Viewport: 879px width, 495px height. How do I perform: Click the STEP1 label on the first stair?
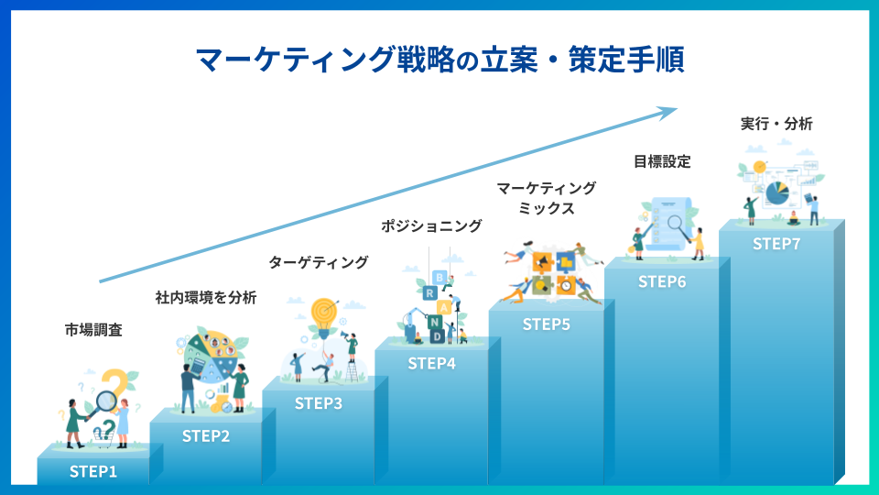point(93,471)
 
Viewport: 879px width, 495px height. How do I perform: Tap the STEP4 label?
point(431,364)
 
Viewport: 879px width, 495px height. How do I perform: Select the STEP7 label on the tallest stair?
point(776,244)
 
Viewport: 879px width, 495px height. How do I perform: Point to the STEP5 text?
point(546,324)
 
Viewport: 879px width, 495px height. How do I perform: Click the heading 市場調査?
point(93,330)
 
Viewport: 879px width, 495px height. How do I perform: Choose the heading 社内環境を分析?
point(206,297)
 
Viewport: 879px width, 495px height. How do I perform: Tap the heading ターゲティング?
point(319,262)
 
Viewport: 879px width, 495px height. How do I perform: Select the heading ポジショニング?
point(431,225)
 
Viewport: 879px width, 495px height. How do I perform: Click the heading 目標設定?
point(662,161)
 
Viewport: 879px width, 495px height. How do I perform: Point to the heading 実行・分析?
point(776,124)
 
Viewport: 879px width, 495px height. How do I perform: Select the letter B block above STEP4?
point(440,277)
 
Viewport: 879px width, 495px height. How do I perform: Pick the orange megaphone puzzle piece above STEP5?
point(542,261)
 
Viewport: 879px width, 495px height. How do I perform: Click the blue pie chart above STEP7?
point(777,193)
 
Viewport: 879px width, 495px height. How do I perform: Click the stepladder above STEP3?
point(352,371)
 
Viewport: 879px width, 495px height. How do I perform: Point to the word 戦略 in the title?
point(426,59)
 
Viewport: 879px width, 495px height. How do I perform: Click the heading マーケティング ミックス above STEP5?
point(546,198)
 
